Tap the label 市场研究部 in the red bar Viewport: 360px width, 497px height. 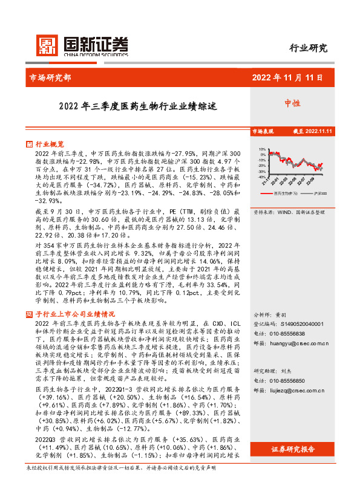[50, 77]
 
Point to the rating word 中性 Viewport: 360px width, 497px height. [293, 103]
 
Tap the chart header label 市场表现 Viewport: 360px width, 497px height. [263, 131]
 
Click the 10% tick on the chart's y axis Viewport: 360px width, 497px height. [261, 149]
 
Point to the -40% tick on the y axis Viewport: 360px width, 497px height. [261, 177]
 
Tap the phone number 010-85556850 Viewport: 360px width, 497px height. [285, 381]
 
